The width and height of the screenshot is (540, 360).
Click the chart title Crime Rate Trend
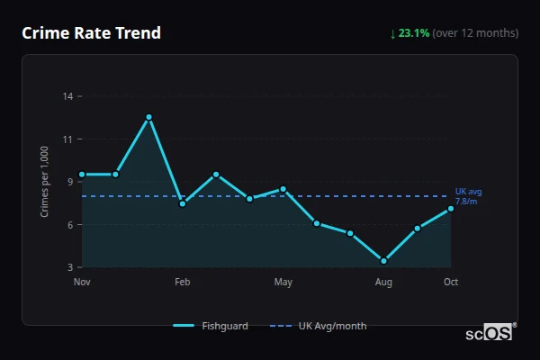[x=92, y=33]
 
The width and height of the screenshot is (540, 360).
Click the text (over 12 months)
[x=475, y=33]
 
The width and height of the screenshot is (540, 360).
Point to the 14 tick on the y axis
[x=67, y=95]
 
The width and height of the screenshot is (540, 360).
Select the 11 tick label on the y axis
[x=67, y=139]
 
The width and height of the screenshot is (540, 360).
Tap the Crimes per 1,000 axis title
[x=45, y=182]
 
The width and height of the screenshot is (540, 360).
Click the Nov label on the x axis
[x=82, y=283]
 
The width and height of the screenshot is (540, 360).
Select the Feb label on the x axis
[x=182, y=283]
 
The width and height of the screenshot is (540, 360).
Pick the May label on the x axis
[x=283, y=283]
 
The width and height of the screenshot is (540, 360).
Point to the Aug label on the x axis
[x=383, y=283]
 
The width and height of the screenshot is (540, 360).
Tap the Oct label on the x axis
[x=451, y=283]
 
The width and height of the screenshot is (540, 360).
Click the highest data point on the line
[x=149, y=117]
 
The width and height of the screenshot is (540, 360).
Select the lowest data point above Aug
[x=384, y=261]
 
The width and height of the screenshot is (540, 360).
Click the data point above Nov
[x=82, y=175]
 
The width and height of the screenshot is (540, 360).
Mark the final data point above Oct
[x=451, y=209]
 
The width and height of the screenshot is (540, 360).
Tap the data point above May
[x=283, y=189]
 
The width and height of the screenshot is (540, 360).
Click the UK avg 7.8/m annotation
[x=467, y=196]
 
